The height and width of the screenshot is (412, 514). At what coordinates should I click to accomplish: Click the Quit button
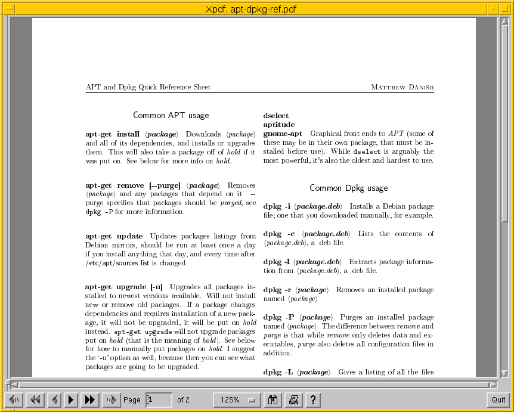(x=498, y=400)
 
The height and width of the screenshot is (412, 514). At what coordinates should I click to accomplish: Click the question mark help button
(x=312, y=400)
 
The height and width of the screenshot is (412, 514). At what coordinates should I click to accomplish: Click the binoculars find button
(x=274, y=400)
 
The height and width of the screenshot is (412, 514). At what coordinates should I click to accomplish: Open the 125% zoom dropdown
(x=237, y=400)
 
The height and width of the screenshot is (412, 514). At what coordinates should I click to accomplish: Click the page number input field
(x=159, y=400)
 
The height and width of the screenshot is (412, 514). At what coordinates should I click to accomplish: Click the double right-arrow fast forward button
(x=90, y=400)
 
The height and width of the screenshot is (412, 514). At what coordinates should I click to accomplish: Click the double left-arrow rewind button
(x=35, y=400)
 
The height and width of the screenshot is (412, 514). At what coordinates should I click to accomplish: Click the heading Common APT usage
(x=171, y=115)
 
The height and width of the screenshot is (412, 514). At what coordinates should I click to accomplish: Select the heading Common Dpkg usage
(x=349, y=188)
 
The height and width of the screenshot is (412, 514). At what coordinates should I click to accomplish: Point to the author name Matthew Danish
(x=402, y=87)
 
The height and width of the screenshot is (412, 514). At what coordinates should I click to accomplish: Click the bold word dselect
(x=276, y=116)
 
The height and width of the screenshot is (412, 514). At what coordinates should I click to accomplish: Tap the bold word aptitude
(x=279, y=125)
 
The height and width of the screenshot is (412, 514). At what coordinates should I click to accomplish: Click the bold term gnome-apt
(x=283, y=134)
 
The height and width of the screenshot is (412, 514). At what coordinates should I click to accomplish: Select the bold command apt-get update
(x=114, y=236)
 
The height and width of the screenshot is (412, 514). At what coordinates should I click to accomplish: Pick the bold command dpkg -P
(x=278, y=317)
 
